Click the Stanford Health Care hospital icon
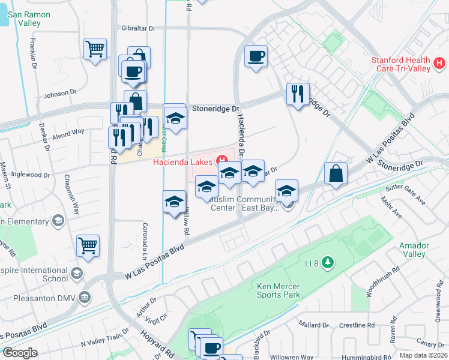(x=440, y=62)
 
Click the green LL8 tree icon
(x=328, y=262)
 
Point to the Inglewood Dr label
(x=31, y=175)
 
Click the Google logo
(x=20, y=353)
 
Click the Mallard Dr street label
(x=314, y=325)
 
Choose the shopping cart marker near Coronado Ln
(x=88, y=245)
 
